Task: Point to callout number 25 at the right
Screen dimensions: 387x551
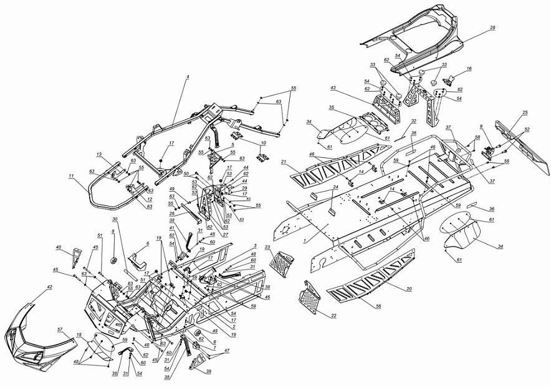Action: [x=525, y=112]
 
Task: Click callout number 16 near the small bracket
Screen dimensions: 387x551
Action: [x=469, y=69]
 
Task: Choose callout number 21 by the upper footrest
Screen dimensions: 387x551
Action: [x=283, y=162]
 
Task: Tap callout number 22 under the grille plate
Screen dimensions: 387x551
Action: [x=333, y=316]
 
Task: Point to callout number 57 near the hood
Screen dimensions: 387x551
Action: [x=60, y=329]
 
